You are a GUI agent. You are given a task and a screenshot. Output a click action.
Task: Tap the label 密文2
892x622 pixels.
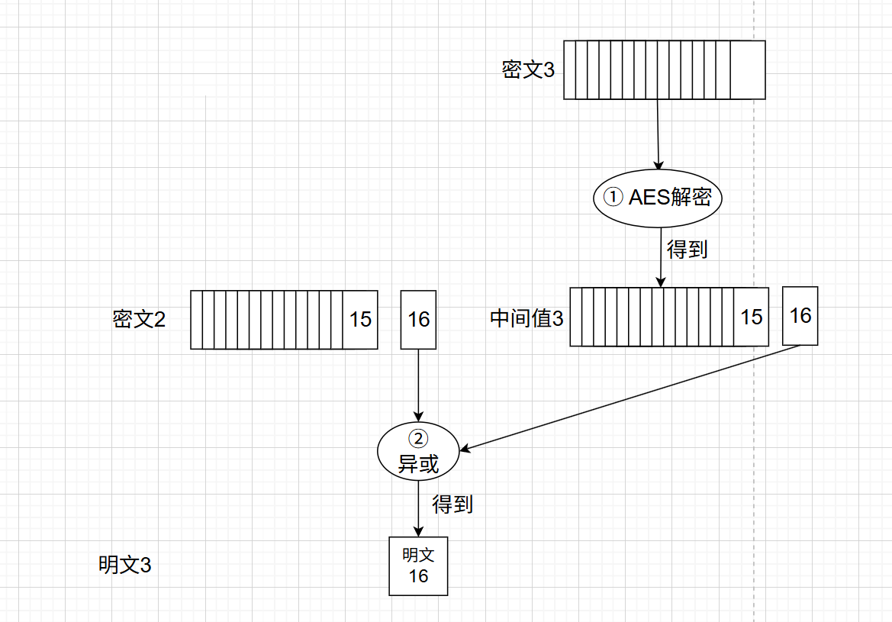coord(139,319)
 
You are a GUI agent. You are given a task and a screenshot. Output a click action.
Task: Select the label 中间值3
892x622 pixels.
coord(527,318)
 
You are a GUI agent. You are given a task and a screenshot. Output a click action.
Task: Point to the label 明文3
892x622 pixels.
coord(124,566)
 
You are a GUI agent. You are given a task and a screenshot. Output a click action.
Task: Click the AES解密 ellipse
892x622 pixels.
coord(658,197)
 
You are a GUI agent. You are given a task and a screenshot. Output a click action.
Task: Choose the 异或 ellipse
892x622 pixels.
coord(418,452)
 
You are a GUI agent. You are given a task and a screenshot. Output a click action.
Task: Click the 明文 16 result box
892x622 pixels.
coord(418,566)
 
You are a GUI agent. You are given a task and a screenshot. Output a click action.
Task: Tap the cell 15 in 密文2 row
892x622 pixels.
coord(360,319)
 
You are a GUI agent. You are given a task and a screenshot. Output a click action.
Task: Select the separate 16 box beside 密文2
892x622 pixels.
coord(419,319)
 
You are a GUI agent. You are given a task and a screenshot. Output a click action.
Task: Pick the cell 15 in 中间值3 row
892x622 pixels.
coord(752,317)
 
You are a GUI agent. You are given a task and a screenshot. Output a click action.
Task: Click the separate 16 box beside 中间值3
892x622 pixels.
coord(800,315)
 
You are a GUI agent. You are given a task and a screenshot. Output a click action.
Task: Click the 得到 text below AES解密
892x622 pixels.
coord(688,250)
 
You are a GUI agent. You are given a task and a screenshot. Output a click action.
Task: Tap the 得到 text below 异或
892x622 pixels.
coord(452,504)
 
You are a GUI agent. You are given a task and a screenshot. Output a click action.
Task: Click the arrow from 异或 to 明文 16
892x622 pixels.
coord(418,508)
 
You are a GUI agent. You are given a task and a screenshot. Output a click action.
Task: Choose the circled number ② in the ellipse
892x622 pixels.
coord(419,438)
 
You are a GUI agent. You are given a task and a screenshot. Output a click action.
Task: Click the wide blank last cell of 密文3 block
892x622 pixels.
coord(748,70)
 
